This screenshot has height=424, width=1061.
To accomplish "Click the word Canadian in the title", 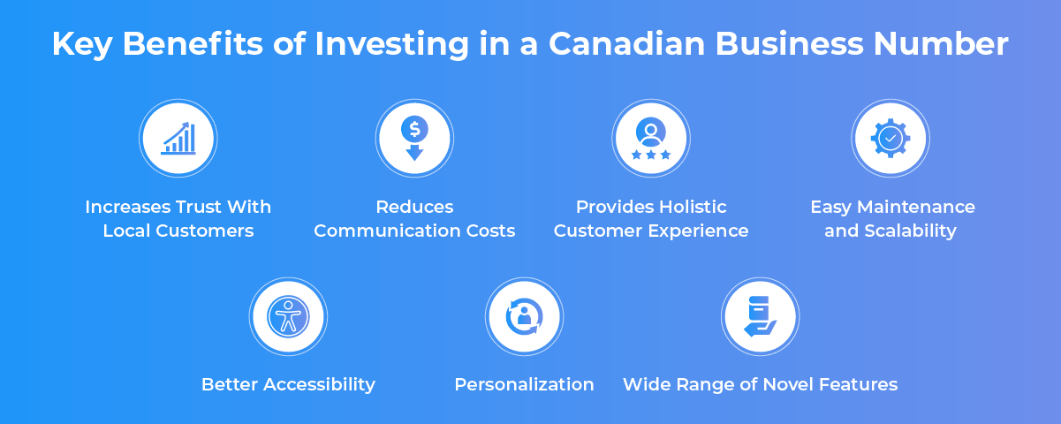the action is coord(626,44).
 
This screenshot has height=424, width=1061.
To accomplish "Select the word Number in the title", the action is coord(941,44).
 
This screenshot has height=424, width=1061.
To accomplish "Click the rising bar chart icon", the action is coord(178,138).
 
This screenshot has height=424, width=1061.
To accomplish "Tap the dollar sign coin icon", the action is coord(414,129).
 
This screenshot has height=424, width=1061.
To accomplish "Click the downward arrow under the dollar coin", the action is coord(414,153).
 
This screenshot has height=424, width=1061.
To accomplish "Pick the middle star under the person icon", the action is coord(651,155).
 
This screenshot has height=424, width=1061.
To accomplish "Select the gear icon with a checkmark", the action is coord(890,139).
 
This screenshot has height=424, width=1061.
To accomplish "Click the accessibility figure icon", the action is coord(288,316).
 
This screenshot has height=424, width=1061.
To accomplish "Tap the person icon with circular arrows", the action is coord(525,316).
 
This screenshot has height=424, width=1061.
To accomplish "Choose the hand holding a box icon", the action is coord(761,316).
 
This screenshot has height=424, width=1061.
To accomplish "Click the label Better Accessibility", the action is coord(288,384).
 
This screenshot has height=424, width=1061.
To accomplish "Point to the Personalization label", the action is coord(525,384).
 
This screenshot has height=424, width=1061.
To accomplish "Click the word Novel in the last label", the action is coord(789,384).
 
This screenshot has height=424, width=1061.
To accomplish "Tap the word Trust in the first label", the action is coord(195,207).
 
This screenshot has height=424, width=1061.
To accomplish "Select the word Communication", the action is coord(387,231).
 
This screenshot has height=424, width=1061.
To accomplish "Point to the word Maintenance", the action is coord(916,207).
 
